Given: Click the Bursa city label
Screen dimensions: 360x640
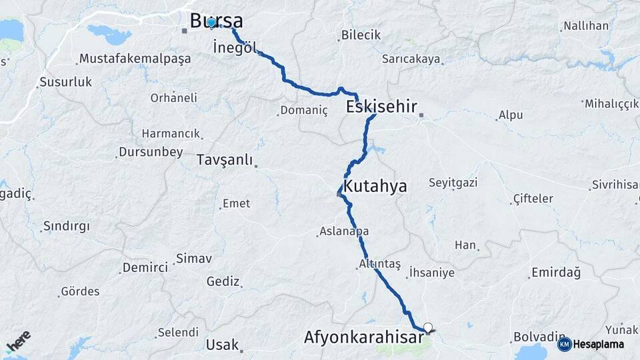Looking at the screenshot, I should click(216, 20).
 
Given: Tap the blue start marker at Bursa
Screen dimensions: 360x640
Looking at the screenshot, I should click(211, 23).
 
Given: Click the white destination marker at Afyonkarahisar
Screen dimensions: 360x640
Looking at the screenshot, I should click(428, 327).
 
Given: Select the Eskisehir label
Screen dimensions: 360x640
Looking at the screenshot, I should click(381, 107).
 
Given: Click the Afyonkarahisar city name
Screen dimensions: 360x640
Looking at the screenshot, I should click(364, 337).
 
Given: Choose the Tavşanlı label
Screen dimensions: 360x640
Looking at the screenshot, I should click(225, 160).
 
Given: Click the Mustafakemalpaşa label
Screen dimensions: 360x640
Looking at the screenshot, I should click(135, 59).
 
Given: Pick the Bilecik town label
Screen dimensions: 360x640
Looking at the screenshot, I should click(360, 35).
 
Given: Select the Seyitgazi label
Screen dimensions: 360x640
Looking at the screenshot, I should click(453, 183).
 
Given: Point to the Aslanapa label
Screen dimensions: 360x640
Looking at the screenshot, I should click(344, 231).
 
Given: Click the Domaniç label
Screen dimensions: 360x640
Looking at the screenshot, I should click(304, 111).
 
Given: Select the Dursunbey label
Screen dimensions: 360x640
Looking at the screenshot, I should click(151, 152).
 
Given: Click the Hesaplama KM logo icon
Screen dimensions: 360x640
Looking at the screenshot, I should click(564, 344).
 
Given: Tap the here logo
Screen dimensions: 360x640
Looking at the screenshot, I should click(18, 341).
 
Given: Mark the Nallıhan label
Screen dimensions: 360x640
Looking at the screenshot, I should click(586, 26).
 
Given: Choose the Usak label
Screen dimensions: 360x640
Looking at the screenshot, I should click(222, 345).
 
